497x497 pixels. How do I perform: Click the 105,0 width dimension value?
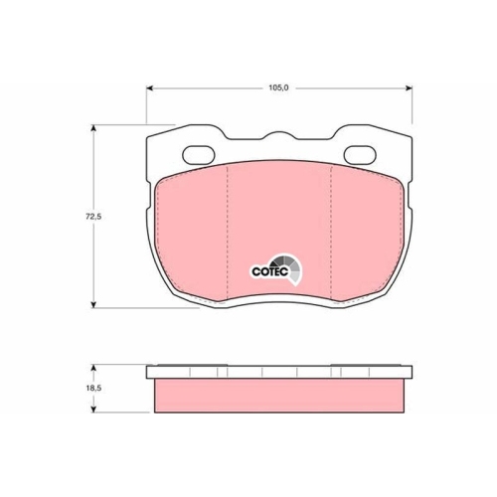pyautogui.click(x=278, y=87)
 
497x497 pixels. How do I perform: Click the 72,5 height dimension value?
pyautogui.click(x=93, y=217)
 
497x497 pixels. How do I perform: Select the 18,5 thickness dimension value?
pyautogui.click(x=93, y=388)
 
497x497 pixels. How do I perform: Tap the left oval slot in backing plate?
pyautogui.click(x=199, y=155)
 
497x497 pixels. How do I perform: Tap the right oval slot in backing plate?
pyautogui.click(x=360, y=155)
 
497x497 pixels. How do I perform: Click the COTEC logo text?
pyautogui.click(x=269, y=271)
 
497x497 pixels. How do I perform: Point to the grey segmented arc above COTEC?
pyautogui.click(x=288, y=266)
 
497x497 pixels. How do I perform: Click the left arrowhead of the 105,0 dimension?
pyautogui.click(x=149, y=87)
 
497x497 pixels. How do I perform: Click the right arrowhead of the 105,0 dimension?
pyautogui.click(x=409, y=87)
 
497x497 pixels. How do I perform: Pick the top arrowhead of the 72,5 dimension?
pyautogui.click(x=94, y=128)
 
